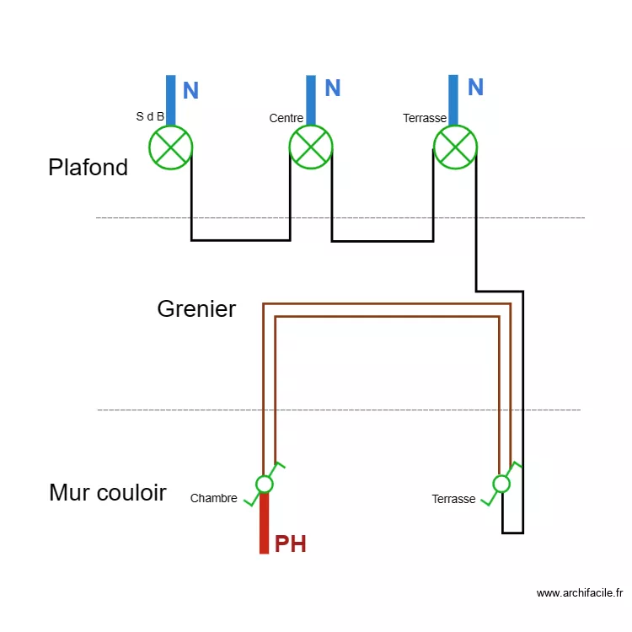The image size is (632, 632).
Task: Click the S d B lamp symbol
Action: pyautogui.click(x=171, y=147)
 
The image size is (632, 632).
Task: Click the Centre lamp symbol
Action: pyautogui.click(x=311, y=147)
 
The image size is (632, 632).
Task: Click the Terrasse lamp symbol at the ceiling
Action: pyautogui.click(x=455, y=147)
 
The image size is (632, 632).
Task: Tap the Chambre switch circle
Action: pyautogui.click(x=265, y=484)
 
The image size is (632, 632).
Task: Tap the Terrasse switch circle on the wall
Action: pyautogui.click(x=501, y=484)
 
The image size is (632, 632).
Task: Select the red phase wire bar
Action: pyautogui.click(x=264, y=523)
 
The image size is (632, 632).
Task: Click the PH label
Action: pyautogui.click(x=291, y=544)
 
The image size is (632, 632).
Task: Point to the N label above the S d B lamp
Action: pyautogui.click(x=191, y=91)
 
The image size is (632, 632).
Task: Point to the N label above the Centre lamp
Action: pyautogui.click(x=333, y=88)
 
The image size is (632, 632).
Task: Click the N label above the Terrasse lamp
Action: pyautogui.click(x=475, y=88)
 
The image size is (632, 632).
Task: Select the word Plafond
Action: pyautogui.click(x=88, y=167)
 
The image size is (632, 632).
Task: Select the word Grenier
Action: pyautogui.click(x=196, y=309)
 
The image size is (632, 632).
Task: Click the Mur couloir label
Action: pyautogui.click(x=107, y=492)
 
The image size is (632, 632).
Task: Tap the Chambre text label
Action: pyautogui.click(x=213, y=498)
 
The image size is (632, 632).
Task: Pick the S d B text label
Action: pyautogui.click(x=150, y=116)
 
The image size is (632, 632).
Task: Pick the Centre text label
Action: pyautogui.click(x=286, y=118)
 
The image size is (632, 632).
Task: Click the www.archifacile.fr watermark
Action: pyautogui.click(x=579, y=593)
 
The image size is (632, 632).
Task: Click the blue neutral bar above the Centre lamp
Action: pyautogui.click(x=311, y=100)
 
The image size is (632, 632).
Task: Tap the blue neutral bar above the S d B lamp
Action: pyautogui.click(x=171, y=100)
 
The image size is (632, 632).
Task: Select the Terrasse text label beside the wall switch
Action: pyautogui.click(x=453, y=499)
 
